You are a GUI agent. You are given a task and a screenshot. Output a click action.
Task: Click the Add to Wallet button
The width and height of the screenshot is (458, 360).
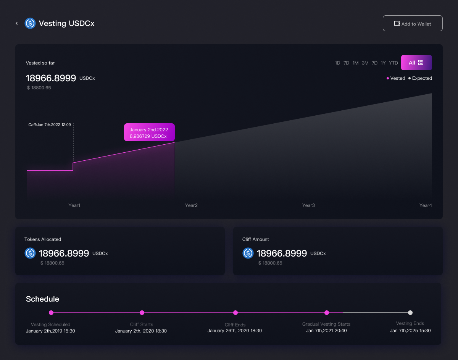click(x=413, y=23)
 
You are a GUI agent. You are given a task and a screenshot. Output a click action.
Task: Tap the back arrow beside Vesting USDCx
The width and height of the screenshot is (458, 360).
click(x=17, y=23)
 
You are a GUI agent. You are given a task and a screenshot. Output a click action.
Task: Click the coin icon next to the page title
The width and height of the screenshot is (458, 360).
click(x=30, y=23)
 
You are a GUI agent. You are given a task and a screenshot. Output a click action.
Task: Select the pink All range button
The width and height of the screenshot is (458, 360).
click(x=416, y=63)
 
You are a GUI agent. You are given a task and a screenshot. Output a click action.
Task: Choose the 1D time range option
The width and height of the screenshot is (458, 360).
click(x=337, y=63)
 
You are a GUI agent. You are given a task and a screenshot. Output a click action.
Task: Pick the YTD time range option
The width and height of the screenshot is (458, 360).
click(x=393, y=63)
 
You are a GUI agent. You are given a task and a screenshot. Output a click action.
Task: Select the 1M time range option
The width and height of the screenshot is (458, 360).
click(x=355, y=63)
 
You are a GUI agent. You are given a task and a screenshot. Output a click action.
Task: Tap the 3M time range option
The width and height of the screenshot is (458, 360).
click(x=365, y=63)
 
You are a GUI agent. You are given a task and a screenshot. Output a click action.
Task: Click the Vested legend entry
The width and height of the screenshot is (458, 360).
click(x=396, y=78)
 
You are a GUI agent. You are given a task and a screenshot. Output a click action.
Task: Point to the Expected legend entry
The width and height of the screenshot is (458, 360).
click(x=420, y=78)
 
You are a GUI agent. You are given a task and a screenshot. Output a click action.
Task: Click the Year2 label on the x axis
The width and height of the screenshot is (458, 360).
click(x=191, y=205)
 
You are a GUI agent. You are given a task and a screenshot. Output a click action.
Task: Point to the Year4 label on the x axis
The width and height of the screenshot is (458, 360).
click(x=426, y=205)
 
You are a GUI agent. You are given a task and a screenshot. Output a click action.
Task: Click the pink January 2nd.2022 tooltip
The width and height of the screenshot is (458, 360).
click(x=149, y=132)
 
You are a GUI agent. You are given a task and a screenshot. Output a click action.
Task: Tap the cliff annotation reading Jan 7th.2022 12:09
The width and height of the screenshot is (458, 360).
click(x=50, y=125)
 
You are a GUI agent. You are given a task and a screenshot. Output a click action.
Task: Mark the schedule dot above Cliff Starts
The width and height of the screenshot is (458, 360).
click(x=142, y=313)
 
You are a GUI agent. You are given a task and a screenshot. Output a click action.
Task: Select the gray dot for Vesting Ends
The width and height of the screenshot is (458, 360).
click(x=410, y=313)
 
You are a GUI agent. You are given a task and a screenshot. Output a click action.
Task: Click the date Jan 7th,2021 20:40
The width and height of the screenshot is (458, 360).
click(x=326, y=331)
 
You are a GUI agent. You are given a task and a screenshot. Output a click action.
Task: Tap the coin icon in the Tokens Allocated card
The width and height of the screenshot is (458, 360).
click(x=30, y=253)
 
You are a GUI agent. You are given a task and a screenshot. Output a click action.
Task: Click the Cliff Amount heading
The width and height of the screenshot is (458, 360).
click(x=256, y=239)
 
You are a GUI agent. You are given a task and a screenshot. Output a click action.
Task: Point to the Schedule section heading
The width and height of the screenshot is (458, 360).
click(x=42, y=299)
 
